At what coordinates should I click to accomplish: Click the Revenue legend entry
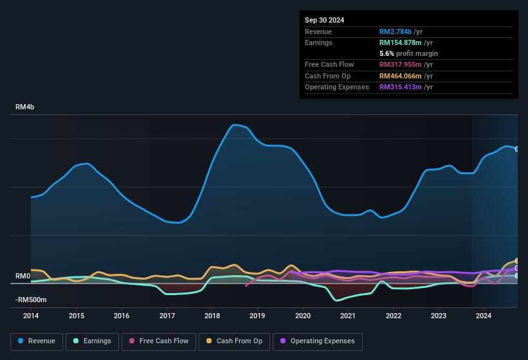(37, 341)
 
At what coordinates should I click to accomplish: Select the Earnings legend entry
(91, 341)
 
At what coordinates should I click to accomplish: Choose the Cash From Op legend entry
(235, 341)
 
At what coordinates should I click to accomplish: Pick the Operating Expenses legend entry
(317, 341)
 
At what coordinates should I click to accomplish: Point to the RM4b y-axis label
(24, 107)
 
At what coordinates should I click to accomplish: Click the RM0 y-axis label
(23, 276)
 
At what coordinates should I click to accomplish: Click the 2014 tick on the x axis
(31, 316)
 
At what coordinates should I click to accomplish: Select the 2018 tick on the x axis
(212, 316)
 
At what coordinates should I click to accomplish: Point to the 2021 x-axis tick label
(348, 316)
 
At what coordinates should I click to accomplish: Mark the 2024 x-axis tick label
(484, 316)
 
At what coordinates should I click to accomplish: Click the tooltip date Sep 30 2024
(324, 20)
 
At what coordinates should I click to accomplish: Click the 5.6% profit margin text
(409, 53)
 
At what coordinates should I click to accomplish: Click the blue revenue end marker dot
(517, 149)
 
